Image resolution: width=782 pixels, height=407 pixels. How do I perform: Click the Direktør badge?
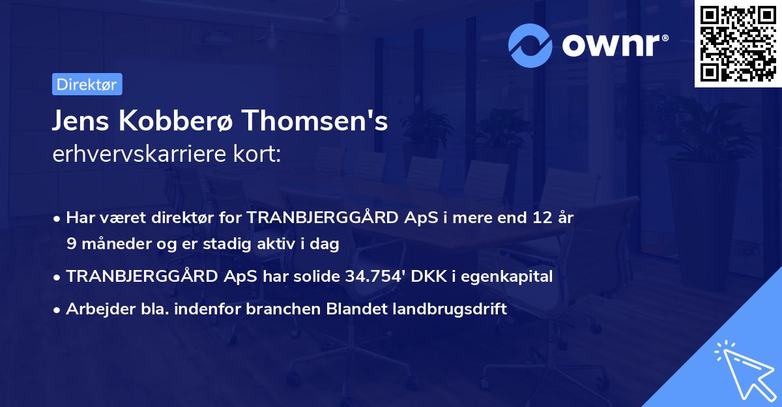click(87, 84)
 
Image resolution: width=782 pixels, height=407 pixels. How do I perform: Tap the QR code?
click(738, 44)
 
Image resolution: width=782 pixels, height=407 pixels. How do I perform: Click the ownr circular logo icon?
click(530, 45)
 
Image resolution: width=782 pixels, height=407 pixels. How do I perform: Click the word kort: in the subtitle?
click(259, 155)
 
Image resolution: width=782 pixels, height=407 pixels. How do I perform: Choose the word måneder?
click(111, 244)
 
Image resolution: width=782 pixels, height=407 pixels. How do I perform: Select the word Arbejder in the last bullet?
click(95, 309)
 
